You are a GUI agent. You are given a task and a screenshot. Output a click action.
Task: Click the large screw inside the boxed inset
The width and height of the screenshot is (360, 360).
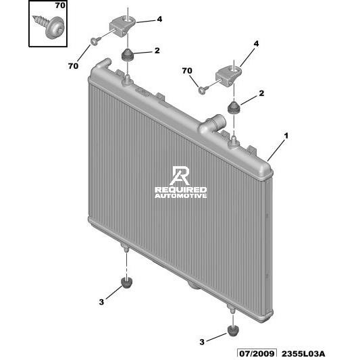[49, 26]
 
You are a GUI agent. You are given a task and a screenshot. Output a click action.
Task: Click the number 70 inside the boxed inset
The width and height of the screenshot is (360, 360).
[60, 5]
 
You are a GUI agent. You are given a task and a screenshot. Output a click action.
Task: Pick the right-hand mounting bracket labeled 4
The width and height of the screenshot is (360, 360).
[228, 76]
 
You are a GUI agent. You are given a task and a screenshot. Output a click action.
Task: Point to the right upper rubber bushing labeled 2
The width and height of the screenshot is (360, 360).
[234, 107]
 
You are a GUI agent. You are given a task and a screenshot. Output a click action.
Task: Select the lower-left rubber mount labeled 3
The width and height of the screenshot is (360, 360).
[127, 282]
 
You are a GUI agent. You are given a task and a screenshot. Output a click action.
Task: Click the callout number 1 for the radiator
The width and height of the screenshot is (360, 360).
[286, 136]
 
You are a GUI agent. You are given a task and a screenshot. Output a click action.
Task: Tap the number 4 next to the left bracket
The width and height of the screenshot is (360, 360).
[159, 19]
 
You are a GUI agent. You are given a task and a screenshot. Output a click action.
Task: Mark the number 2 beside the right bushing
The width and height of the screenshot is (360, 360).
[261, 93]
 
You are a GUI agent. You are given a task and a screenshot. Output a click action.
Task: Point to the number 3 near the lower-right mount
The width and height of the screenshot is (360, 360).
[201, 342]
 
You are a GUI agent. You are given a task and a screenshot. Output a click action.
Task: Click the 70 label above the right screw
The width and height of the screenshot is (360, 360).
[187, 71]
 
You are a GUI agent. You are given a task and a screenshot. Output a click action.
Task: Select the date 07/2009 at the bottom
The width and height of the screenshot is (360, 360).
[257, 353]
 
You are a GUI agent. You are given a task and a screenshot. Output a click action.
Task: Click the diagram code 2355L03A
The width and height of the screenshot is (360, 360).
[303, 353]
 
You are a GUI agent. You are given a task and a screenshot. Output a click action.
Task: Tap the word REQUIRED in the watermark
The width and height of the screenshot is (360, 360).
[181, 190]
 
